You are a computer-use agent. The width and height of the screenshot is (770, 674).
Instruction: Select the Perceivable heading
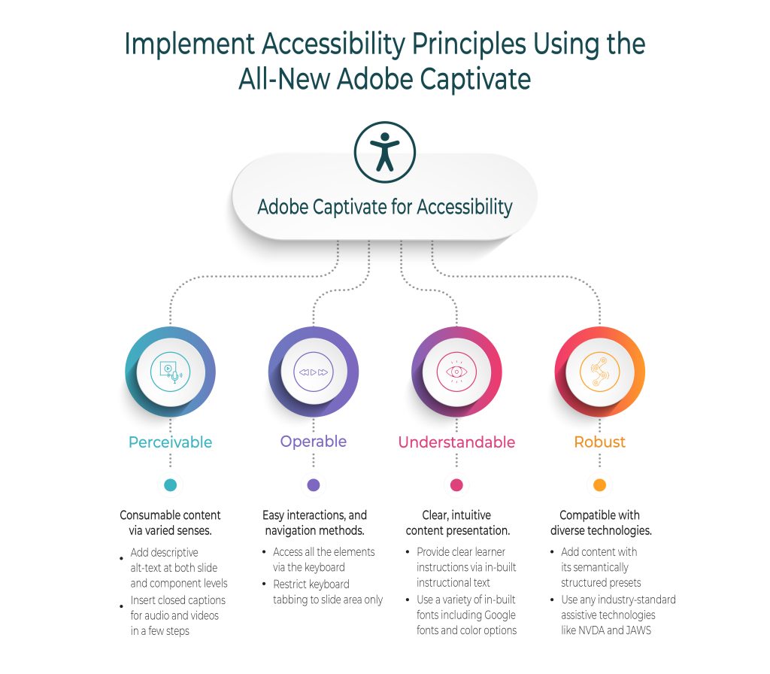pos(170,442)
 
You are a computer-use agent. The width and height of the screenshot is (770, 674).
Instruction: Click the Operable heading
pos(314,442)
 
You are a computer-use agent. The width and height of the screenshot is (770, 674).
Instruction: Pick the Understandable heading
pos(456,442)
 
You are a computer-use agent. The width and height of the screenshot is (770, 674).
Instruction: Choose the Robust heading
pos(599,442)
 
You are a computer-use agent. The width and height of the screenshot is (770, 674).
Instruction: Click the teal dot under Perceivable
pos(170,485)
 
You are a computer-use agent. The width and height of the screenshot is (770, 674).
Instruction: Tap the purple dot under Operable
pos(314,485)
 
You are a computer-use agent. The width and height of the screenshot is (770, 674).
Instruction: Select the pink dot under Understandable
pos(456,485)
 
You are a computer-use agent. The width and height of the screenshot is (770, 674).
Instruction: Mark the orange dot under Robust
pos(599,485)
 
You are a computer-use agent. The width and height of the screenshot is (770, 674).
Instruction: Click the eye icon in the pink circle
pos(456,372)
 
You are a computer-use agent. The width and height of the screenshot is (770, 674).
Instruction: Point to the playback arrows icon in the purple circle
pos(314,372)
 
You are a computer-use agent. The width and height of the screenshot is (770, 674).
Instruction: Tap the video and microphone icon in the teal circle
pos(170,372)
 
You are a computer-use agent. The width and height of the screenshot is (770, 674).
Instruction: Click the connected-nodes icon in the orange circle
pos(599,372)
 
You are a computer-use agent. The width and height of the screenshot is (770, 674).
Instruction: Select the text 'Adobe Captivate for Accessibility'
pos(385,207)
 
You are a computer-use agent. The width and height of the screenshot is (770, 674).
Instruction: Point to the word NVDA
pos(594,630)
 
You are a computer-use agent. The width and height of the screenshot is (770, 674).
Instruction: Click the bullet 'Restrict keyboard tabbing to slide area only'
pos(328,592)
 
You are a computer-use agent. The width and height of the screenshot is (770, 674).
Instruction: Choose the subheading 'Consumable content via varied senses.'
pos(170,523)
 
